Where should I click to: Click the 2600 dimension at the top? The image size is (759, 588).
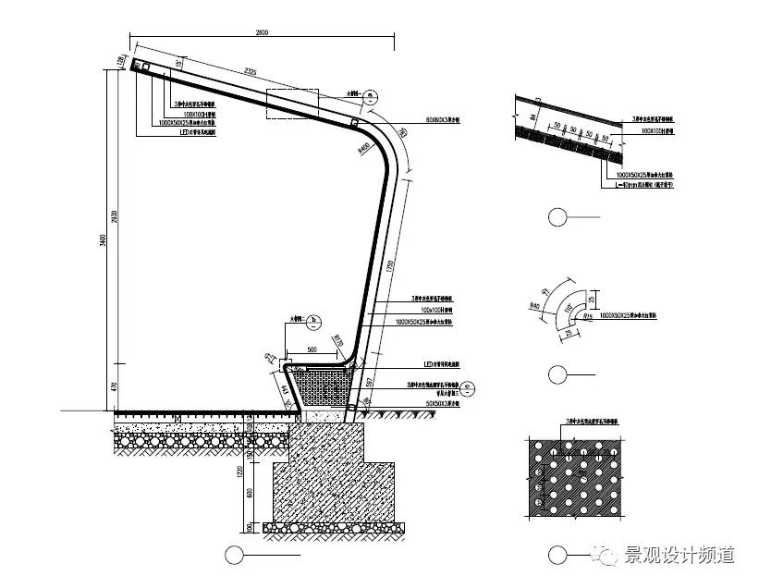click(262, 34)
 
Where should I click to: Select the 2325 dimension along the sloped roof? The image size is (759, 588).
click(245, 72)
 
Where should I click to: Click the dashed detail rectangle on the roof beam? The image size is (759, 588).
click(291, 104)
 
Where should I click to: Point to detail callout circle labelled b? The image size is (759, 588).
click(313, 321)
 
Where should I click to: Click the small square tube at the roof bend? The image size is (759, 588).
click(354, 123)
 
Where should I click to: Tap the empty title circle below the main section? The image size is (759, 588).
click(234, 555)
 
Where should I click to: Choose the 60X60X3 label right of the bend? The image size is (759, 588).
click(443, 121)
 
